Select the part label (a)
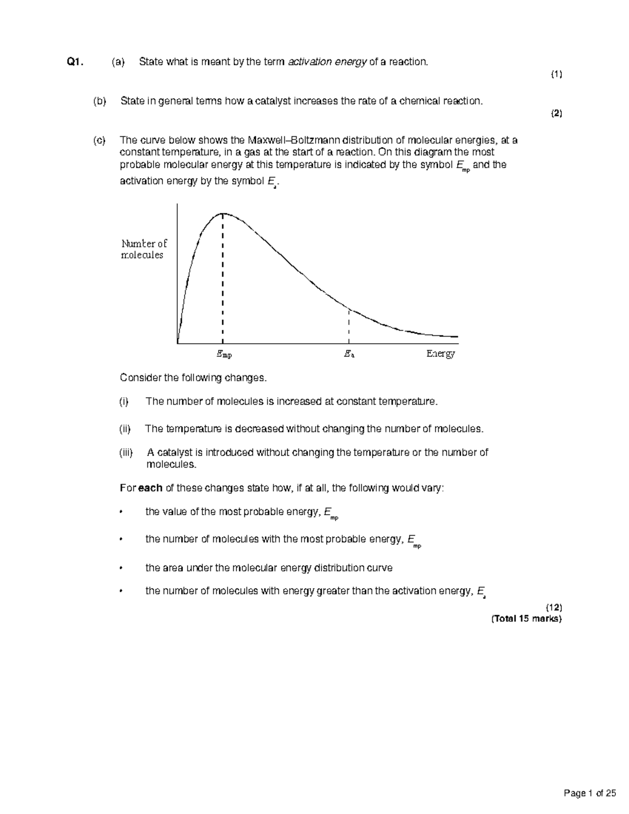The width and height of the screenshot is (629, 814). [118, 62]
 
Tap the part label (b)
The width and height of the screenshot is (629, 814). [99, 101]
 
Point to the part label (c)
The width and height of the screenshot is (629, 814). [99, 140]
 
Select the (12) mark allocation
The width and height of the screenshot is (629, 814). [554, 607]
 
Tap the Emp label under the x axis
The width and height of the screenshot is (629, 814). [224, 354]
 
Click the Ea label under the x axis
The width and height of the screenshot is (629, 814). [349, 354]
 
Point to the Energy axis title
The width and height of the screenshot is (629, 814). [440, 354]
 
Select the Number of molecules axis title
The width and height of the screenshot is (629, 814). [144, 249]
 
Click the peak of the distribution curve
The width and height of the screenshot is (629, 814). [223, 213]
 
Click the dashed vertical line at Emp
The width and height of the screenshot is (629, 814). [223, 278]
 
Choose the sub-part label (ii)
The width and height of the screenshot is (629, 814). [125, 429]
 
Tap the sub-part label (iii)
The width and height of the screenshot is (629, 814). [126, 453]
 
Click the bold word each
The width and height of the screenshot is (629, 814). [150, 489]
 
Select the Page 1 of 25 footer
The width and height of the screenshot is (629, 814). [589, 794]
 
